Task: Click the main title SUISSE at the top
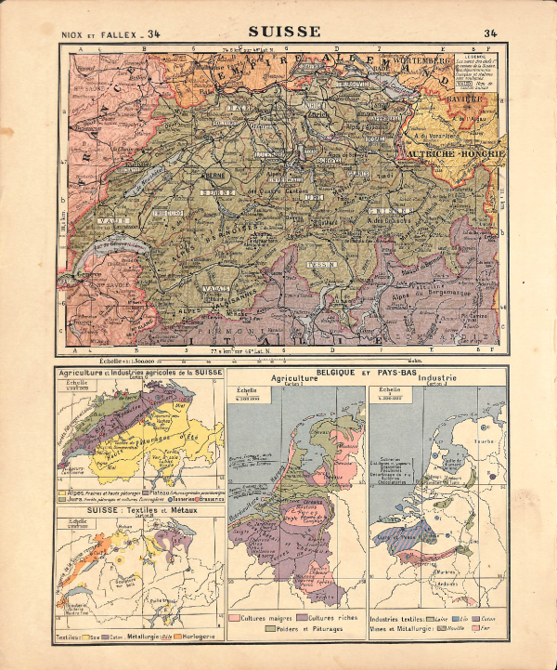point(284,31)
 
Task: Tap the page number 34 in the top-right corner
point(490,34)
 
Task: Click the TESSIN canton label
point(317,263)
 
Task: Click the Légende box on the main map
point(472,73)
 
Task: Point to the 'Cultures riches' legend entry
point(327,617)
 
